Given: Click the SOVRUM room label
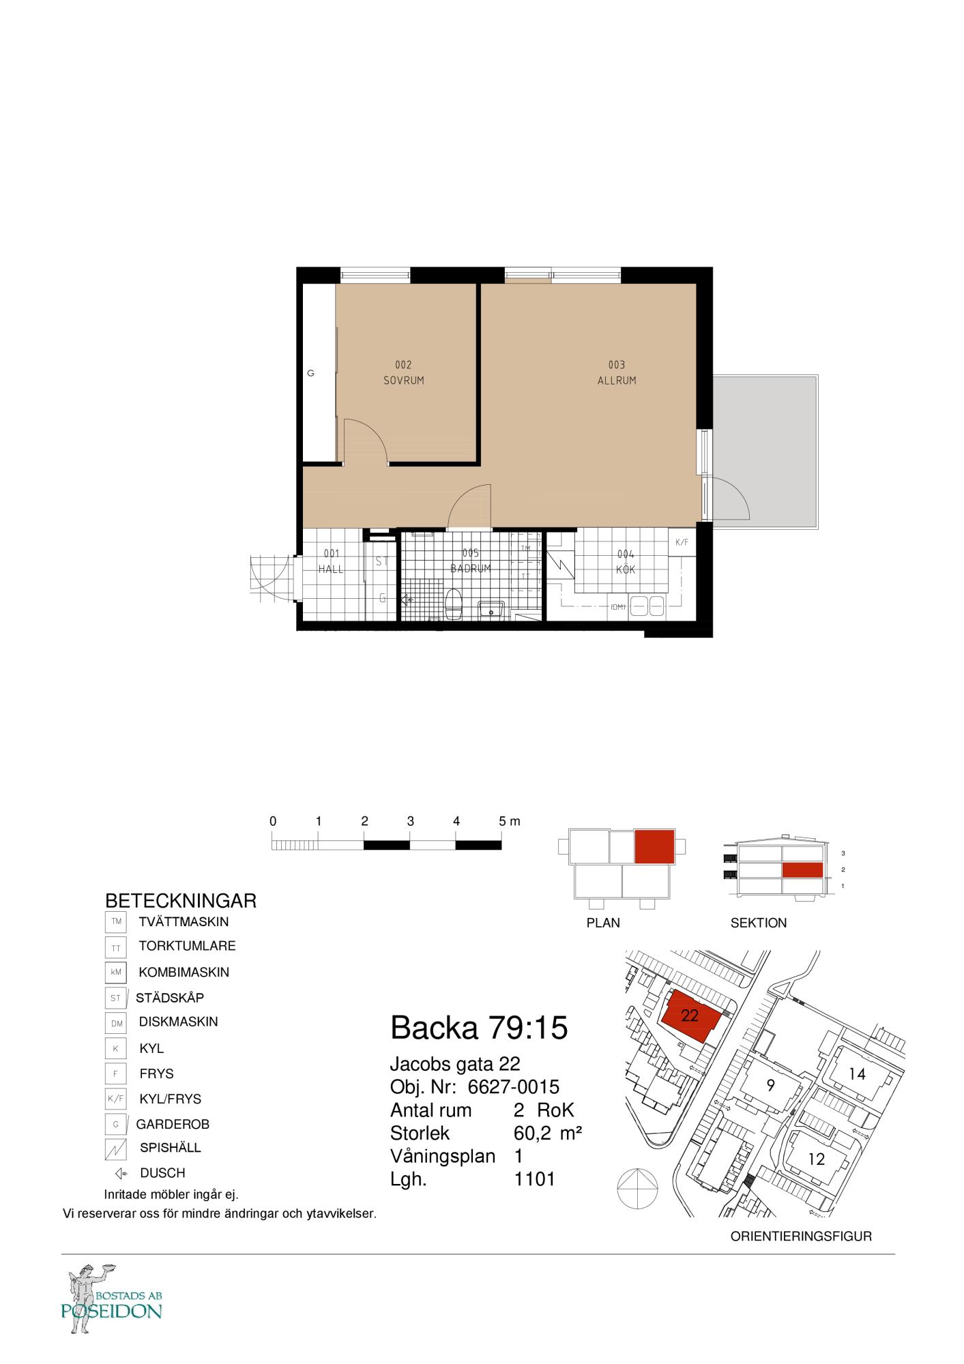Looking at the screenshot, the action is point(403,381).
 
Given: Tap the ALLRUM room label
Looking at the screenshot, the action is point(617,381).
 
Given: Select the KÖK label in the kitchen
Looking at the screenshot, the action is point(626,569).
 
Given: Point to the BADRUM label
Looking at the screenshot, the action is point(471,568).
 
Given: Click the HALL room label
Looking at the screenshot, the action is point(331,569).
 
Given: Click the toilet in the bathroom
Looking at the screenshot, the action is point(454,604).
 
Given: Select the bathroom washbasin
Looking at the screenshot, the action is point(491,608).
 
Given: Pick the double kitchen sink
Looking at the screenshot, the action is point(647,606).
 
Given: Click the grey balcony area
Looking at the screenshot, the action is point(764,451).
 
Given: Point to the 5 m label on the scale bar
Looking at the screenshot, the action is point(509,822).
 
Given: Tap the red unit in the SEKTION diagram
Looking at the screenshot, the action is point(802,870).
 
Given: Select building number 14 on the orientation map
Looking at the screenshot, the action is point(857,1074).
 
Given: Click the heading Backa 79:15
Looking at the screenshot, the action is point(479,1027).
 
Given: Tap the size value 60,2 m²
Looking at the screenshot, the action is point(548,1133).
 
